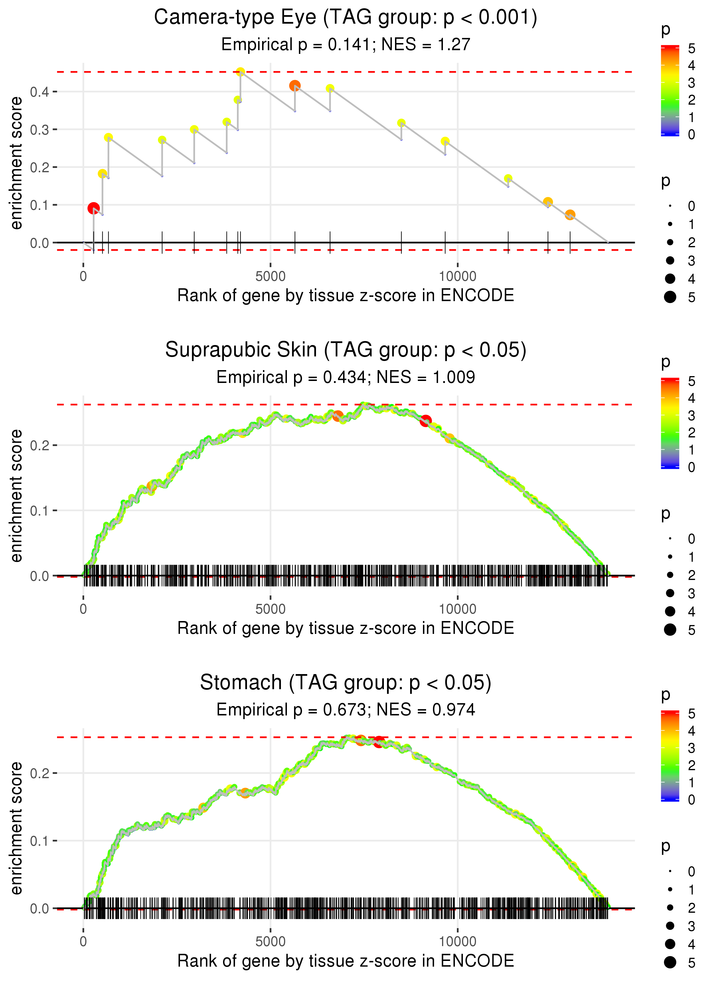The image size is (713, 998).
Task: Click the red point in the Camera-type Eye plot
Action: (93, 208)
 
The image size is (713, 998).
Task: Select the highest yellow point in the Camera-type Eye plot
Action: (240, 72)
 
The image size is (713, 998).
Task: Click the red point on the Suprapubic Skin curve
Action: (426, 421)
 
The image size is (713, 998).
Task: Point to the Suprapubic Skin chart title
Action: (345, 350)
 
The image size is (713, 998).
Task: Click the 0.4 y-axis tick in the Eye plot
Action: (40, 92)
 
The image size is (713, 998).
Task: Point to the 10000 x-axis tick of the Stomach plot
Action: (457, 941)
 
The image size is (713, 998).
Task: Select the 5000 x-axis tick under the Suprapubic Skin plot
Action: (270, 609)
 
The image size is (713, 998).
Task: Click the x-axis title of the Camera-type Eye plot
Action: (345, 295)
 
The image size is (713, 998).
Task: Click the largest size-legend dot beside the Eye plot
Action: (670, 297)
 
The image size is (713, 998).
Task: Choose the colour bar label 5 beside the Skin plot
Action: (692, 382)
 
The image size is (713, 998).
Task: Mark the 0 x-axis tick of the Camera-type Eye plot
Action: (83, 277)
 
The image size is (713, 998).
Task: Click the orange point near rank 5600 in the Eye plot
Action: (295, 86)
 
